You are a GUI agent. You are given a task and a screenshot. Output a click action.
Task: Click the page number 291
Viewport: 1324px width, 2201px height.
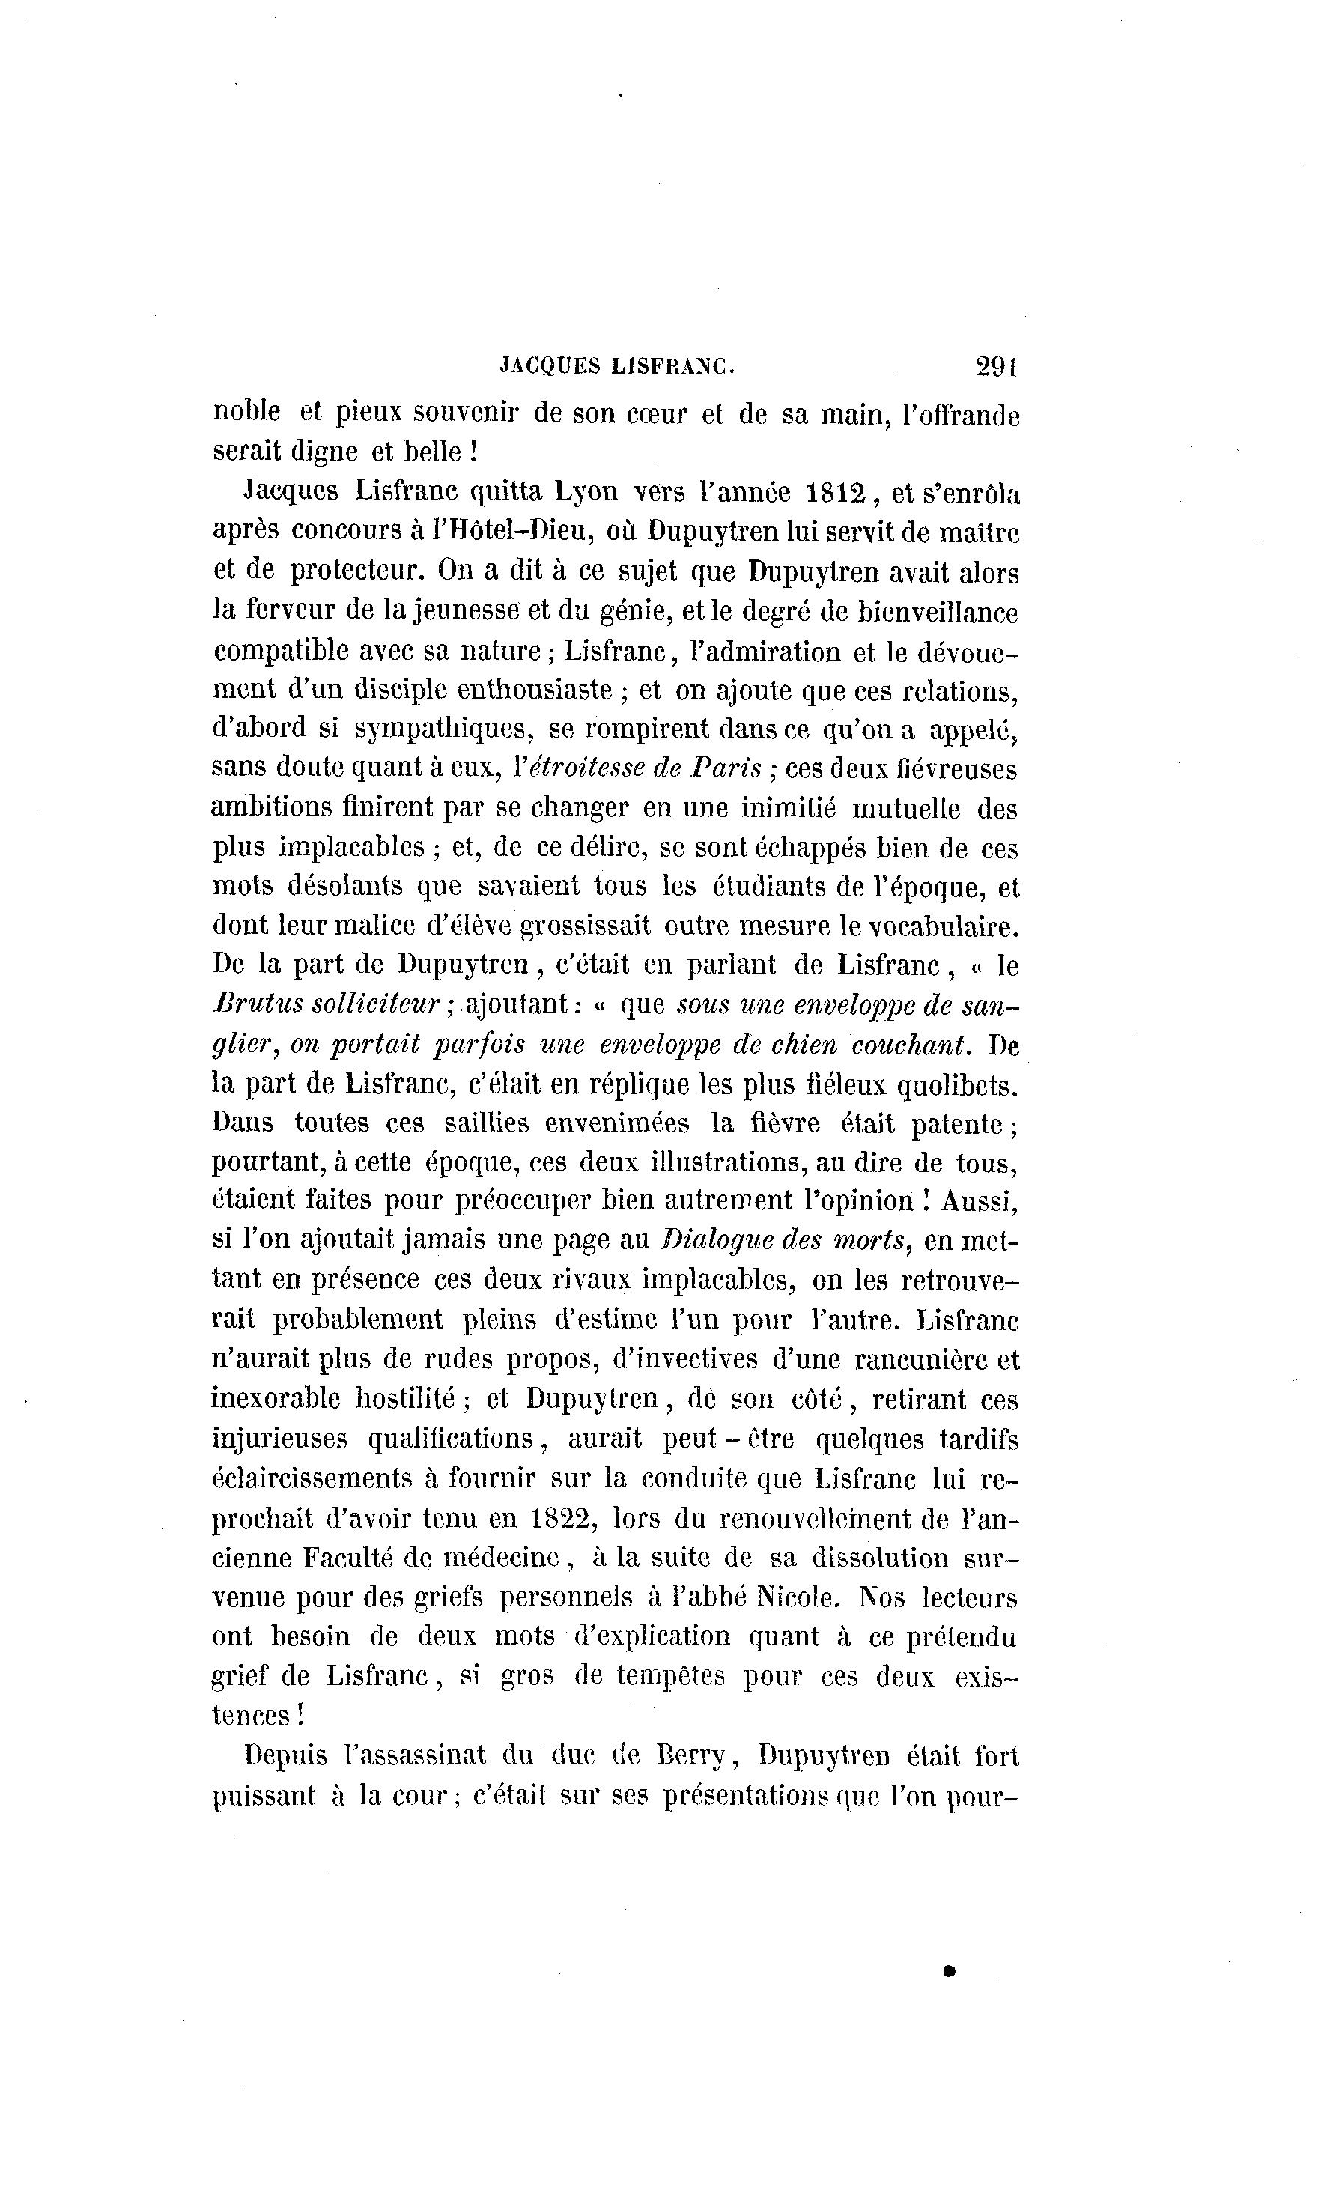pos(997,367)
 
